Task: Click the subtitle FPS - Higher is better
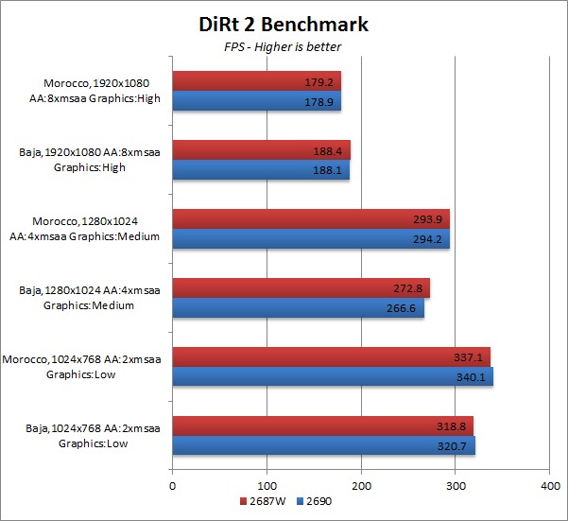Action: pos(284,46)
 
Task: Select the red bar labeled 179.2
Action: pos(255,80)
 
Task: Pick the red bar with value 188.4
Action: pos(260,149)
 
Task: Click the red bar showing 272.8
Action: pos(301,287)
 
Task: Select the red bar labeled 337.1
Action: pos(331,356)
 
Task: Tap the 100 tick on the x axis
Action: pos(267,485)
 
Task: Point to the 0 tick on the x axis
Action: pos(172,485)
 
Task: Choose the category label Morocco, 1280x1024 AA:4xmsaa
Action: pos(95,229)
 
